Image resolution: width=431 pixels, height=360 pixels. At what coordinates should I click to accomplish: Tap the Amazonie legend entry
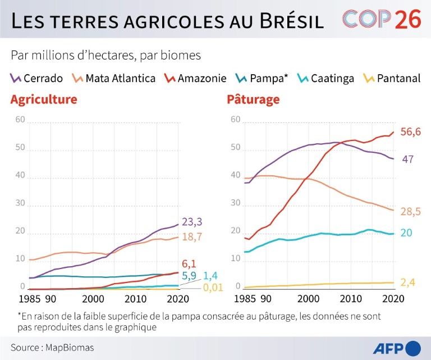pyautogui.click(x=194, y=78)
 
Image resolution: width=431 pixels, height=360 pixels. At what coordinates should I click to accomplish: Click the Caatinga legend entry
pyautogui.click(x=326, y=78)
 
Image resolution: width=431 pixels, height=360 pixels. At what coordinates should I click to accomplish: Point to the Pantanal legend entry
pyautogui.click(x=392, y=78)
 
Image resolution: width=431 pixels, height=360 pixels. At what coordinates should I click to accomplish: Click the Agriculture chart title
pyautogui.click(x=43, y=100)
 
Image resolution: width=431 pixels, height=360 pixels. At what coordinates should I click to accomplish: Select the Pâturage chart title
pyautogui.click(x=253, y=100)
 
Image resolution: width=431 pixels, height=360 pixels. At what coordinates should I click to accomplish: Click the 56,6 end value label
pyautogui.click(x=410, y=131)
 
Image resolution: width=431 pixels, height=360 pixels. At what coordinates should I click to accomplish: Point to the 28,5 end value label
pyautogui.click(x=410, y=211)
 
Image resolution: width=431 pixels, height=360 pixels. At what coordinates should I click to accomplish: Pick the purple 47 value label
pyautogui.click(x=408, y=160)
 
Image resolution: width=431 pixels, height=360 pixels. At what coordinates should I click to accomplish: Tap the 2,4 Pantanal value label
pyautogui.click(x=409, y=282)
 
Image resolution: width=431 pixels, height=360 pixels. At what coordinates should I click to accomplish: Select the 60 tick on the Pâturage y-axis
pyautogui.click(x=235, y=120)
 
